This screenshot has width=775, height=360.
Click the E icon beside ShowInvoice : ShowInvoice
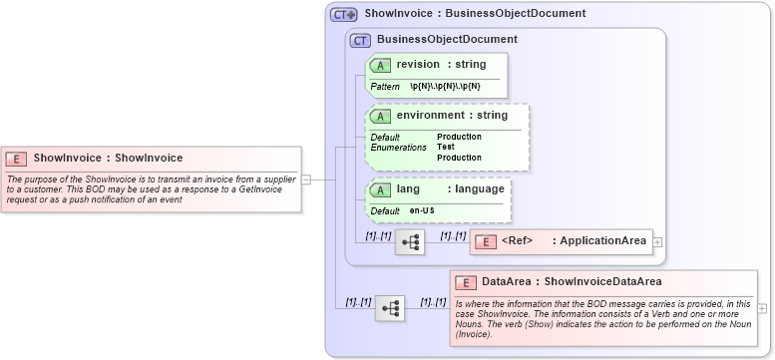click(17, 158)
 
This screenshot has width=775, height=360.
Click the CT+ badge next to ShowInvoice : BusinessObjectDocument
click(344, 14)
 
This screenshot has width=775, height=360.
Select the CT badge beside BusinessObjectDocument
click(360, 40)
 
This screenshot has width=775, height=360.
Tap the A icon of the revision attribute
click(380, 65)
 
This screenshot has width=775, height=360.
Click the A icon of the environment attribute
click(380, 116)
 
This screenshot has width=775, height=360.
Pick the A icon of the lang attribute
click(380, 189)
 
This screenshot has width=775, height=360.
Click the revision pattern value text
click(445, 87)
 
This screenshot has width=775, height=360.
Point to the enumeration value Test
click(446, 148)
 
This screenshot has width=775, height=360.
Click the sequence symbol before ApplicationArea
click(409, 241)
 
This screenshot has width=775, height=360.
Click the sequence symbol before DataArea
click(389, 308)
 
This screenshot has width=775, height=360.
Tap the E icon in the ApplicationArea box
click(484, 241)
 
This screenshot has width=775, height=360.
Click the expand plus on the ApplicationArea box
click(657, 241)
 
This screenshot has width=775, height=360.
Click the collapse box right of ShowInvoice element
click(306, 180)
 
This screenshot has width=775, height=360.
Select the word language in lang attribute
click(480, 189)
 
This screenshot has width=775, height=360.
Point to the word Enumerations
click(398, 148)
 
